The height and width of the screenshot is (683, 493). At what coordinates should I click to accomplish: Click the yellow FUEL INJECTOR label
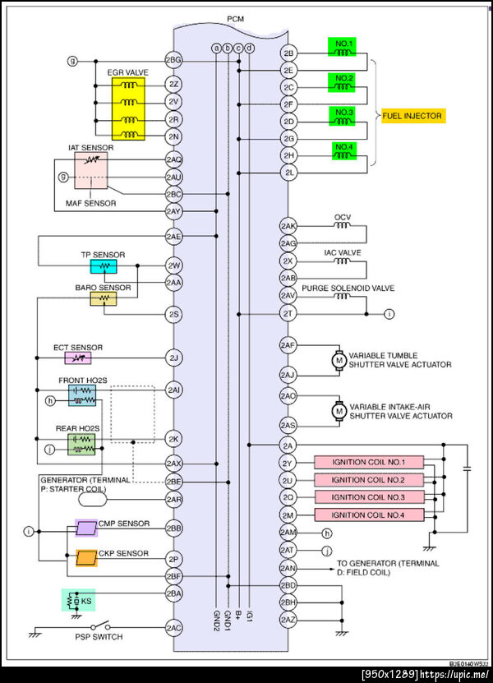click(413, 116)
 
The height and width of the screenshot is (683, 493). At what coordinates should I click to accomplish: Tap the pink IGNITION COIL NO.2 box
click(369, 480)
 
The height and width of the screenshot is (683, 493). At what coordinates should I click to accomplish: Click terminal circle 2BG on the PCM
click(173, 60)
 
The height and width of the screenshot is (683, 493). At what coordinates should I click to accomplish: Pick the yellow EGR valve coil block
click(128, 108)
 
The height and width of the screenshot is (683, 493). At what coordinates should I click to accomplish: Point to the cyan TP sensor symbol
click(104, 266)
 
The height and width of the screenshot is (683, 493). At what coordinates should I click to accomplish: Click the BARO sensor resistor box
click(104, 298)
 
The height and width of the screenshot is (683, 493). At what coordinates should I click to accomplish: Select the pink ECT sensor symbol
click(78, 358)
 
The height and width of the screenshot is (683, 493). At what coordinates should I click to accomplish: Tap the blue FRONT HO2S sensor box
click(82, 395)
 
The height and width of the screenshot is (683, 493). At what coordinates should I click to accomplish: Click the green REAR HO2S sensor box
click(81, 445)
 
